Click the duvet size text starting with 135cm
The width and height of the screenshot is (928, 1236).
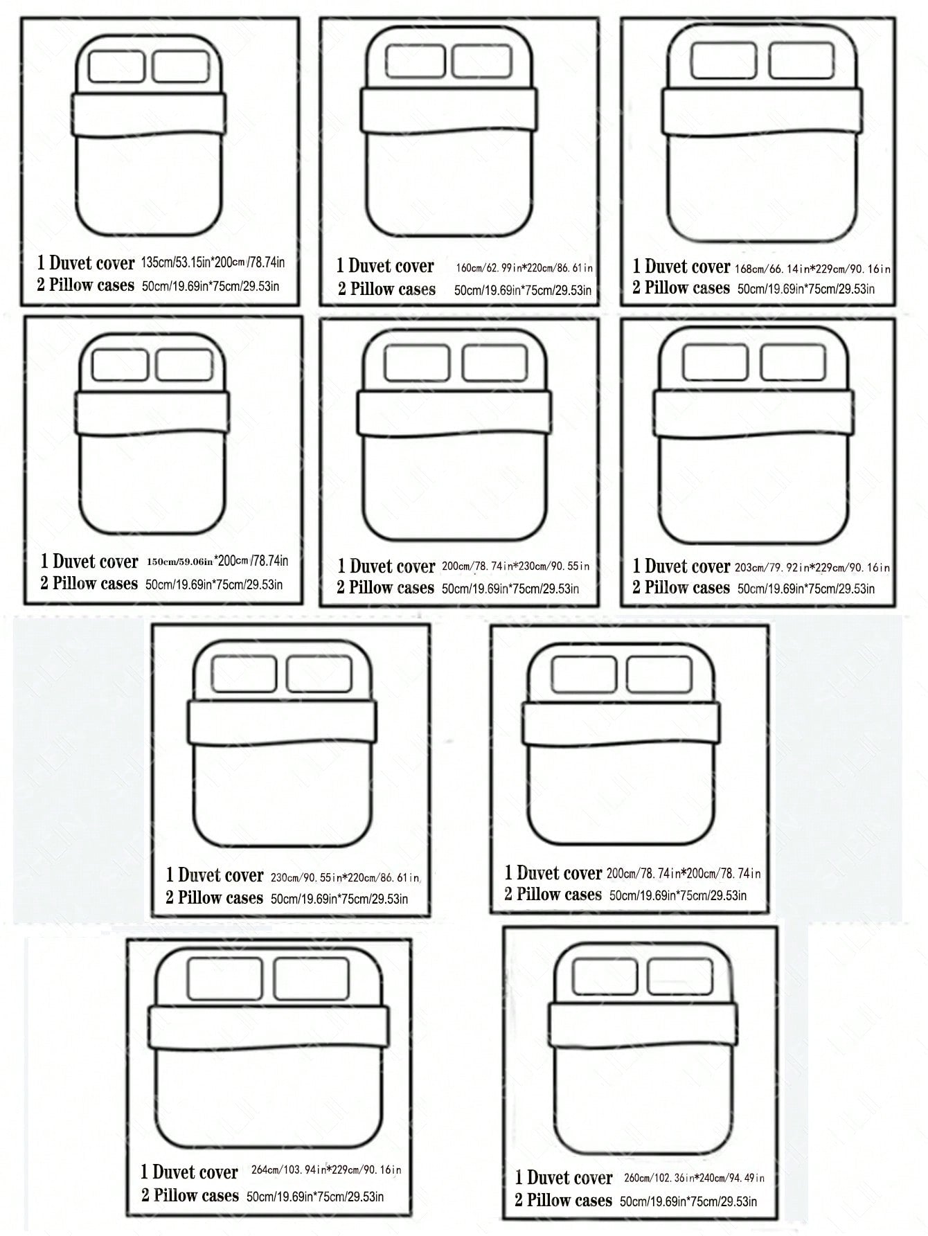coord(213,263)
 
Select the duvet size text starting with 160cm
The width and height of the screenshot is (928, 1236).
coord(524,268)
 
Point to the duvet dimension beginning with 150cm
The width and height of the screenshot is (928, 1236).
coord(218,561)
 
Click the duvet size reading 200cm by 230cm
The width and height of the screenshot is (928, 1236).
coord(515,566)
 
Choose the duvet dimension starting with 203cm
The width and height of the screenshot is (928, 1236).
coord(814,567)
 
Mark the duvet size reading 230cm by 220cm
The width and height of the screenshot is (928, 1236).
coord(345,877)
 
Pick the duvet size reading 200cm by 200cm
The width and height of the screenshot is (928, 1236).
coord(683,874)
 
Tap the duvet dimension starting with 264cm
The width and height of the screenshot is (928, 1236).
coord(323,1170)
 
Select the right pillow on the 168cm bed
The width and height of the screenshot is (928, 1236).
coord(801,60)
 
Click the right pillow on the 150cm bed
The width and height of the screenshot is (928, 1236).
coord(184,364)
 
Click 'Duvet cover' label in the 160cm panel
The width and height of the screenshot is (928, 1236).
coord(391,267)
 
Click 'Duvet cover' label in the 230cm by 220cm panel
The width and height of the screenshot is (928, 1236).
coord(220,876)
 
